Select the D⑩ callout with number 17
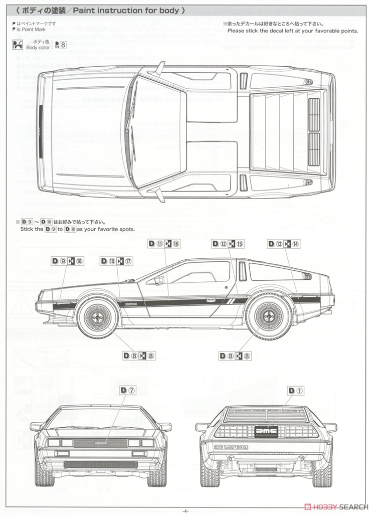click(116, 261)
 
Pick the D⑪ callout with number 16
click(164, 244)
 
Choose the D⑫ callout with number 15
click(228, 244)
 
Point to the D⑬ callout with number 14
click(283, 244)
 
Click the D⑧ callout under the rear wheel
click(235, 356)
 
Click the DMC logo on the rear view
click(262, 431)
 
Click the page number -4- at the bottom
click(185, 510)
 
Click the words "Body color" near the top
click(39, 47)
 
